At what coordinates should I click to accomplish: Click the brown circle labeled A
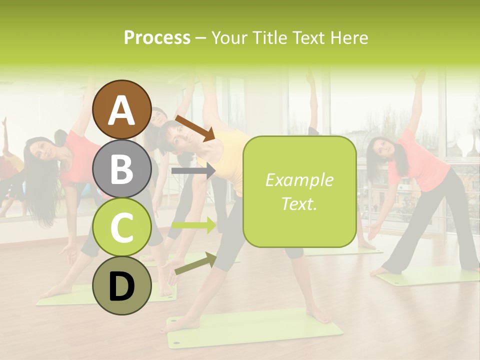122,109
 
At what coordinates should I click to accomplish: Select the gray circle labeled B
122,168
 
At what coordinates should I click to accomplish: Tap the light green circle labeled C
122,227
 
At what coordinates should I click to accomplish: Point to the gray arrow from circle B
193,171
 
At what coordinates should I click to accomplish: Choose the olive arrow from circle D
195,263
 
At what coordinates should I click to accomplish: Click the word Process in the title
157,37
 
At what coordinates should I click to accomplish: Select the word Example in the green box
299,180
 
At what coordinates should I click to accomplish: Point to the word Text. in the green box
299,203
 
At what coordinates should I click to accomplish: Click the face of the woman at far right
379,148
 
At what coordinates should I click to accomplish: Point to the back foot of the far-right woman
380,271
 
